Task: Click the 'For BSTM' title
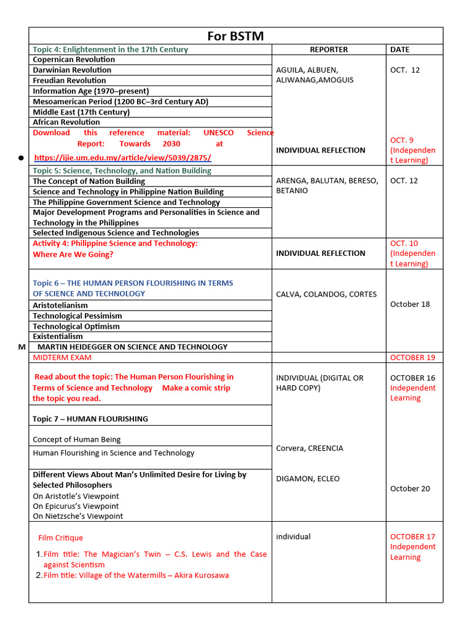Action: click(x=235, y=36)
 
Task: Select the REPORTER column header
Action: click(x=329, y=49)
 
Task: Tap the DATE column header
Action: click(x=399, y=49)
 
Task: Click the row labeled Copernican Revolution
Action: click(x=74, y=60)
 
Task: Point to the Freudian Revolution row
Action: click(x=69, y=80)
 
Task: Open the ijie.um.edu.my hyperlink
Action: click(x=122, y=157)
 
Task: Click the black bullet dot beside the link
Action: click(x=20, y=158)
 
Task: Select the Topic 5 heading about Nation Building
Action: click(x=122, y=170)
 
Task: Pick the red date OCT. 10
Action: click(x=404, y=243)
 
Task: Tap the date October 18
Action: click(x=410, y=304)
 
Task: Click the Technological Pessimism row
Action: click(x=76, y=316)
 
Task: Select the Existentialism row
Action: click(x=58, y=337)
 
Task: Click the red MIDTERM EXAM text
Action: click(x=62, y=357)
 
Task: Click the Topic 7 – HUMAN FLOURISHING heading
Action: click(x=90, y=419)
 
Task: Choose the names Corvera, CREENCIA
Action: click(x=310, y=448)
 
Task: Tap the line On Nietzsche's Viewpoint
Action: click(x=77, y=516)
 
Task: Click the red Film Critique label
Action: click(x=60, y=538)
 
